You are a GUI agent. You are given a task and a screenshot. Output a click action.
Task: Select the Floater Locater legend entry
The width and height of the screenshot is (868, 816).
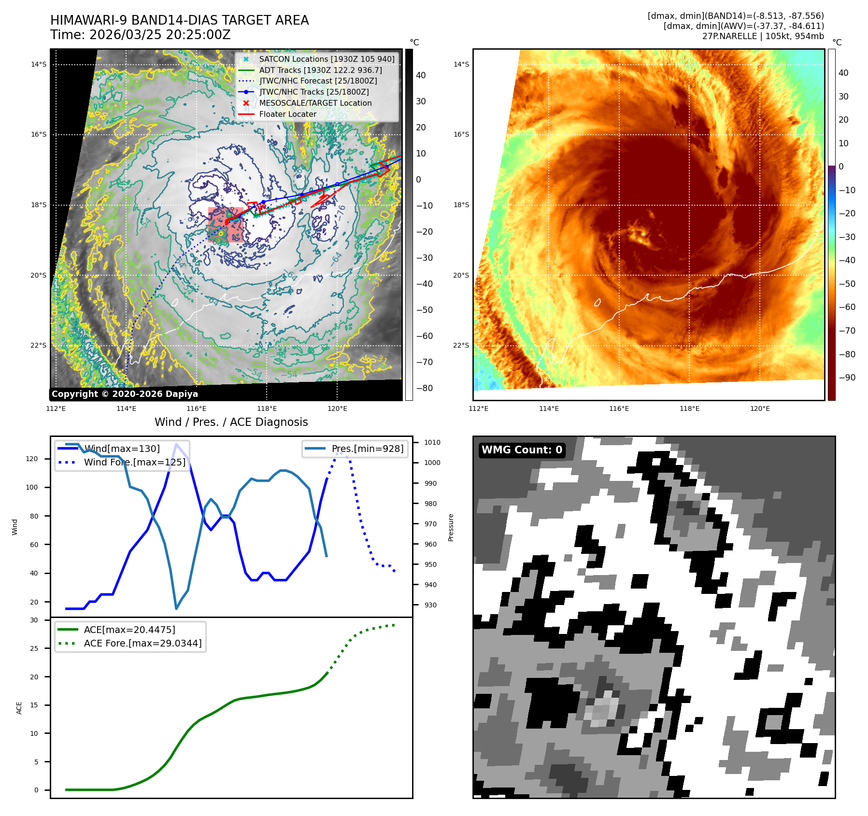tap(288, 114)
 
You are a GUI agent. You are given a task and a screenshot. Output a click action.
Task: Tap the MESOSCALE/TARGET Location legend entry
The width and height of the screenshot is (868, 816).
tap(315, 103)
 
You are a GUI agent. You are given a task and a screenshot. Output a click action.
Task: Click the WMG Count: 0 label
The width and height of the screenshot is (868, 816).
tap(522, 450)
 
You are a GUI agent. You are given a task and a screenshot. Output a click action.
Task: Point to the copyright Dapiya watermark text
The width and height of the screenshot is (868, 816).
tap(125, 394)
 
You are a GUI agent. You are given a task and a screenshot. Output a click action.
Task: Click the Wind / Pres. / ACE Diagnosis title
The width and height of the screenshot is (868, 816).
tap(231, 422)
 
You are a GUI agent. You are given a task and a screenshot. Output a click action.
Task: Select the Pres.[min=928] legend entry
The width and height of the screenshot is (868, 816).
tap(367, 449)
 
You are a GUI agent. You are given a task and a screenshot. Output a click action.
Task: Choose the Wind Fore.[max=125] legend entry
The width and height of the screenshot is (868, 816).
tap(134, 462)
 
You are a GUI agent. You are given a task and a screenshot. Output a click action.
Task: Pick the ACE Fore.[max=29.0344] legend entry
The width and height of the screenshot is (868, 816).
tap(142, 643)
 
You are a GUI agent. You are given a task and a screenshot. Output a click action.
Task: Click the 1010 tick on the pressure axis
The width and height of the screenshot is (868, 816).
tap(432, 442)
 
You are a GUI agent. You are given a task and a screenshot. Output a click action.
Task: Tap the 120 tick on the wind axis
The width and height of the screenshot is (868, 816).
tap(32, 459)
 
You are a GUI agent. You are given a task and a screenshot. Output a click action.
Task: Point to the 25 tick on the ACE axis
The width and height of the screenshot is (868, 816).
tap(34, 648)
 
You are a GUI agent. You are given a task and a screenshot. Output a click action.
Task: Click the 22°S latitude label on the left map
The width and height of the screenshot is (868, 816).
tap(39, 346)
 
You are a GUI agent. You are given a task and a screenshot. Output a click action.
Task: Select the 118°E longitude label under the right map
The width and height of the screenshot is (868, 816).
tap(689, 408)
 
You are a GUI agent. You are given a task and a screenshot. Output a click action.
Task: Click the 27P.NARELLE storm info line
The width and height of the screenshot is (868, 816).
tap(763, 36)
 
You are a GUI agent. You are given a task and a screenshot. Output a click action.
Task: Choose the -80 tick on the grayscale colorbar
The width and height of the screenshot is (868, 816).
tap(425, 388)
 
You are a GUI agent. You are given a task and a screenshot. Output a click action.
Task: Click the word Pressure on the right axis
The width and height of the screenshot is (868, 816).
tap(451, 527)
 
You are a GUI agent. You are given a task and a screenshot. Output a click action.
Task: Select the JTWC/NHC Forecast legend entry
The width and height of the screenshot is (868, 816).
tap(318, 81)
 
